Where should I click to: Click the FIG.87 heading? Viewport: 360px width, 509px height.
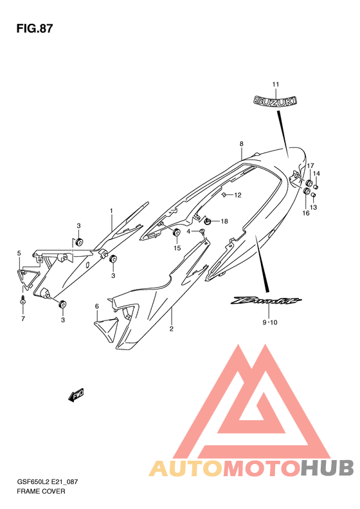(x=34, y=28)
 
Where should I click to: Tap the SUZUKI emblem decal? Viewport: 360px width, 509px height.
(x=275, y=100)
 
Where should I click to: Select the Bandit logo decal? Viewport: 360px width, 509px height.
(x=266, y=301)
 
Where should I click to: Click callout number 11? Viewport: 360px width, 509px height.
(x=275, y=84)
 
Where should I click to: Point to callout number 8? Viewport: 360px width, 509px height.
(x=241, y=143)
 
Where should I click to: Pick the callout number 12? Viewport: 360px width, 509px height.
(x=238, y=195)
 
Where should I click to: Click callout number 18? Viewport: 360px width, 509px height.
(x=224, y=221)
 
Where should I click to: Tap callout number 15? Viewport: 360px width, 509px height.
(x=177, y=248)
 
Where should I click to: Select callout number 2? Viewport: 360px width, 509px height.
(x=171, y=329)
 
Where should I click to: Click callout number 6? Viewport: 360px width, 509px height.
(x=96, y=306)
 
